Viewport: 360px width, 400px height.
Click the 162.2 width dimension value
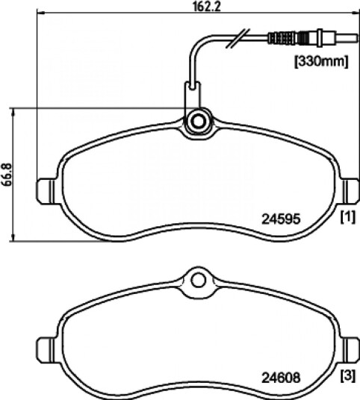click(207, 6)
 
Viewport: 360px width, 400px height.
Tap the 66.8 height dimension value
click(7, 175)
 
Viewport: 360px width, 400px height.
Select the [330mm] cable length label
click(321, 61)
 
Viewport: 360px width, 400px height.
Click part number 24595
click(281, 219)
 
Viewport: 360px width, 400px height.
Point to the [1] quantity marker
click(348, 217)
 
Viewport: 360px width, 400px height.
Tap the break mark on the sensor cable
click(238, 38)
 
